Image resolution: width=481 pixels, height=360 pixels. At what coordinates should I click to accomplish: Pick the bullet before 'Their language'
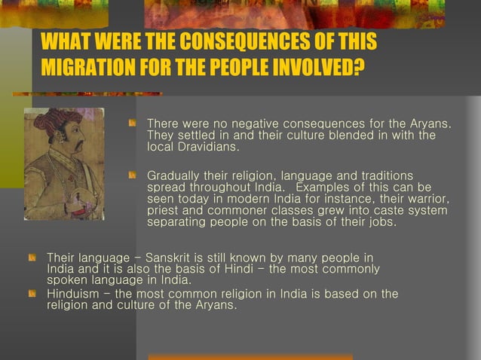tap(32, 258)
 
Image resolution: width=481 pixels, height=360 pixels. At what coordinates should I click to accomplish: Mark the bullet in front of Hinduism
tap(32, 293)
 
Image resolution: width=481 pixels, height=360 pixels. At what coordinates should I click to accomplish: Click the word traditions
tap(379, 175)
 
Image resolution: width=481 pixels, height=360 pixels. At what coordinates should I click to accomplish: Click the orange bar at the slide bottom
tap(250, 356)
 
